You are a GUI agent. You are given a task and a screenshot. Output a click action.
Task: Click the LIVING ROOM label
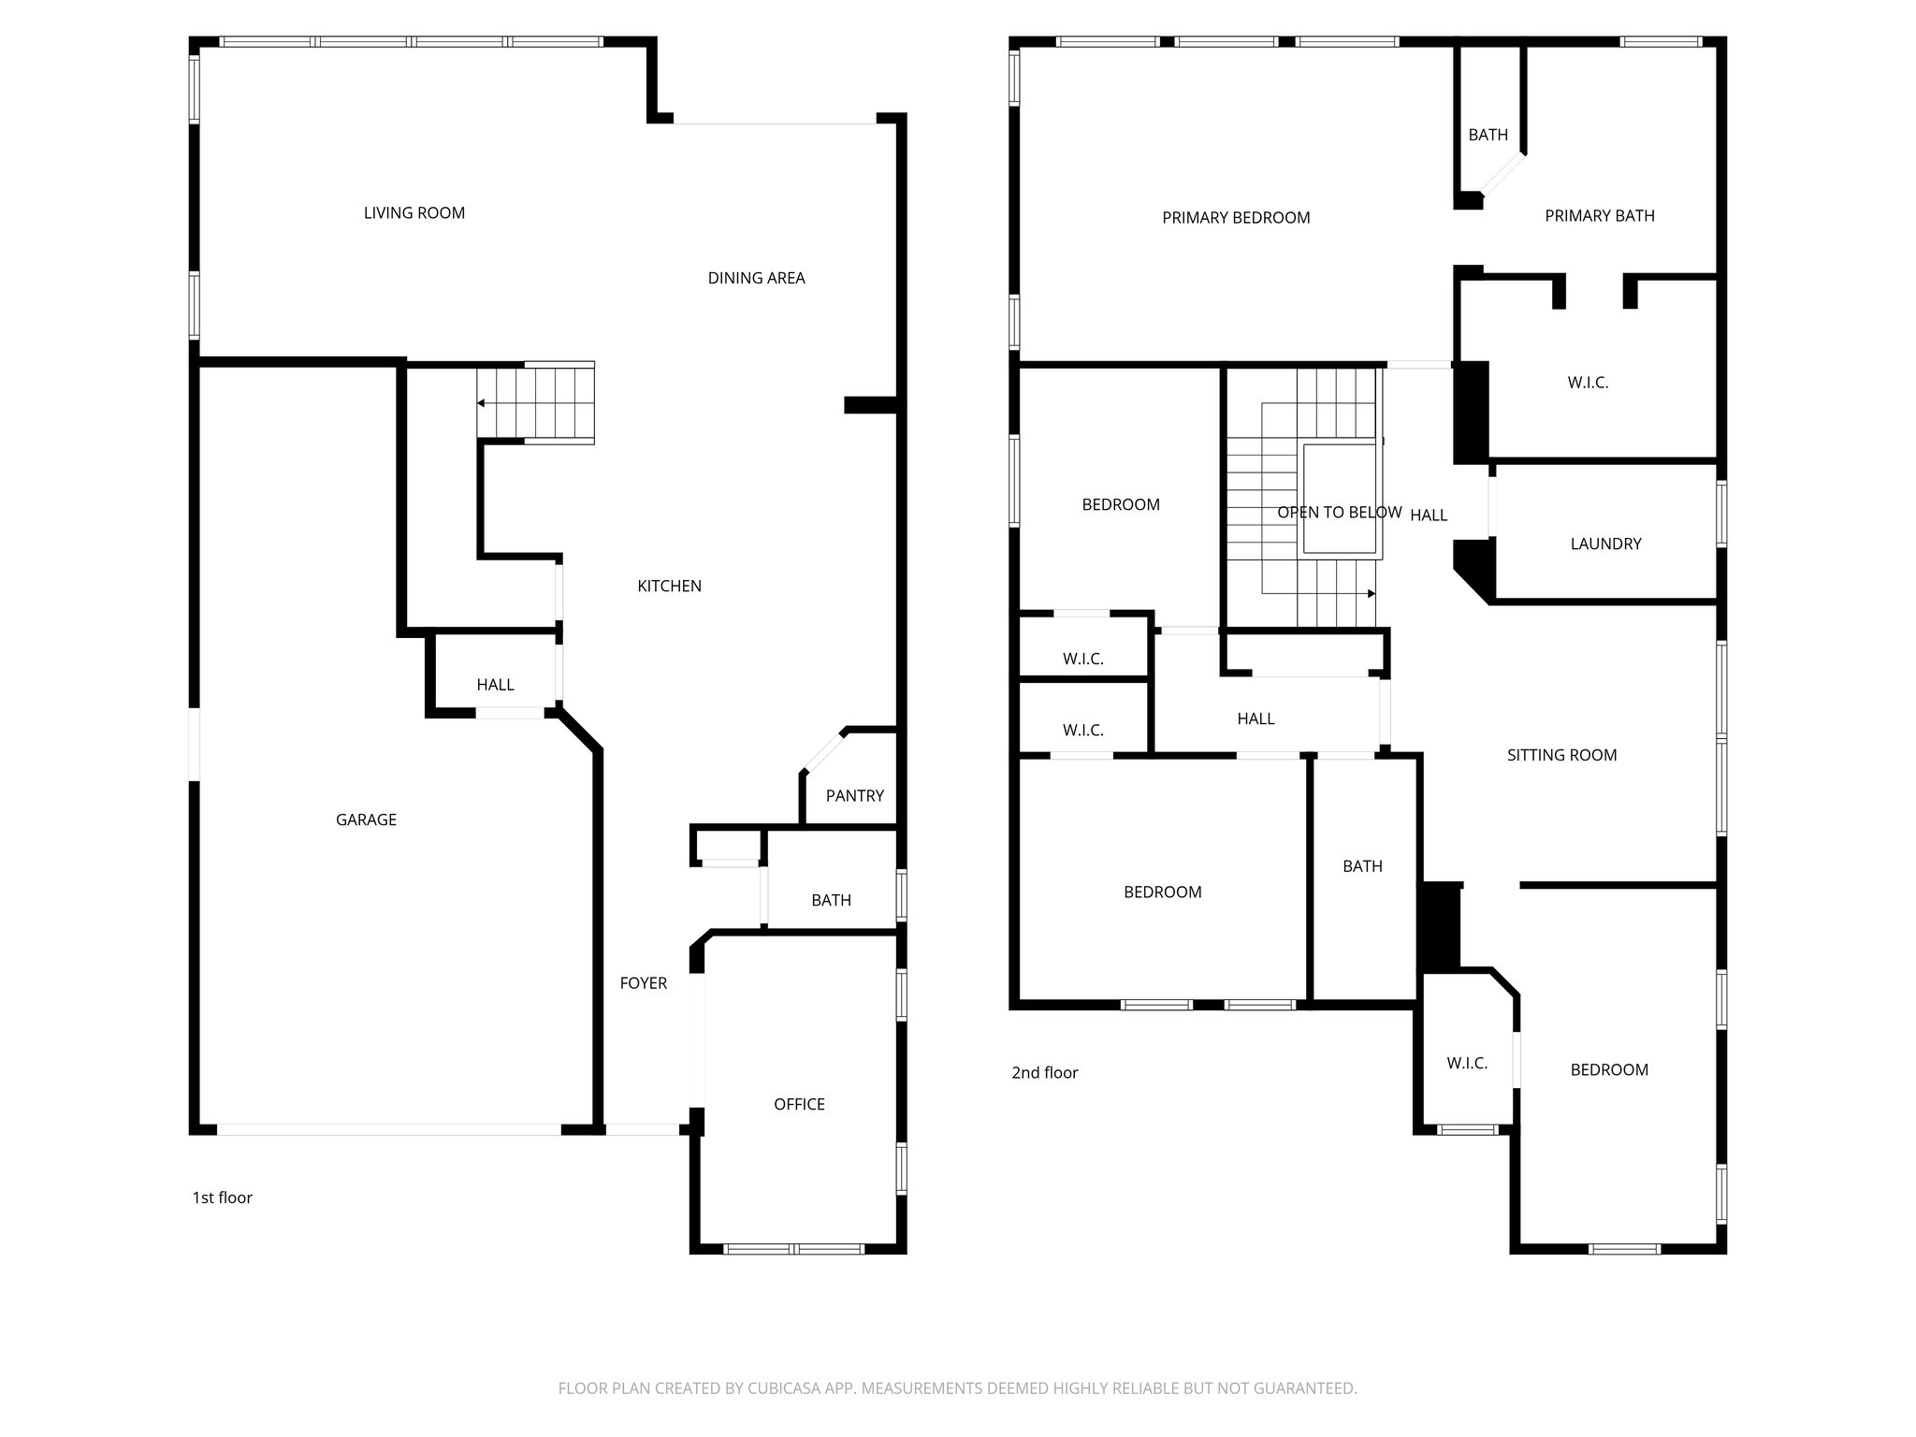click(414, 213)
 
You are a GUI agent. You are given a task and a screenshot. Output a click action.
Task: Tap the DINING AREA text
click(756, 278)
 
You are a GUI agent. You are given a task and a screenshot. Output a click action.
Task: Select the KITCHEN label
click(669, 587)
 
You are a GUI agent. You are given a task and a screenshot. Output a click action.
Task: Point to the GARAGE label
click(366, 820)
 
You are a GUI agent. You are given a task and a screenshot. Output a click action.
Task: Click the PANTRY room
click(854, 796)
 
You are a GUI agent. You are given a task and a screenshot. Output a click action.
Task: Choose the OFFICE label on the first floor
click(799, 1105)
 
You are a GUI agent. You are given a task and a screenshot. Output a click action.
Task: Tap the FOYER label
click(643, 983)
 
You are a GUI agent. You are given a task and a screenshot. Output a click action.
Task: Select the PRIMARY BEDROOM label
click(1235, 218)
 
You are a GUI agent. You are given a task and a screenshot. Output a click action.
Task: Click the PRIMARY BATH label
click(1599, 216)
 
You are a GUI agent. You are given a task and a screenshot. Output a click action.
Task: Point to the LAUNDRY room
click(1605, 544)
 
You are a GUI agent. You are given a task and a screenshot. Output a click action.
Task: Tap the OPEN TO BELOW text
click(1339, 513)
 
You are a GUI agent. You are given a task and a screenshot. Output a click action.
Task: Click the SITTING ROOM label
click(1561, 756)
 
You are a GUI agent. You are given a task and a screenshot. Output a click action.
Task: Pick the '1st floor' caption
click(222, 1198)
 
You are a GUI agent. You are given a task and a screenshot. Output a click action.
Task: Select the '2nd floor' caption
click(1044, 1073)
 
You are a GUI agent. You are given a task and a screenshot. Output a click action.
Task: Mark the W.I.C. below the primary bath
click(1587, 383)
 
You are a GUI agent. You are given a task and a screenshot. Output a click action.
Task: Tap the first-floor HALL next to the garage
click(495, 685)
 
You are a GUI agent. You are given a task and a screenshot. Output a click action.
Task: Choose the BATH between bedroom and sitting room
click(1362, 867)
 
